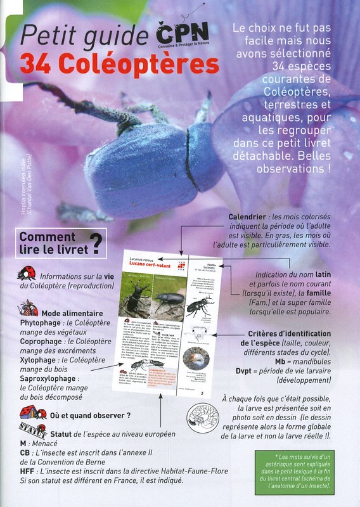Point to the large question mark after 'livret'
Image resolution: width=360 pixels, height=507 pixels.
click(x=96, y=242)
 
